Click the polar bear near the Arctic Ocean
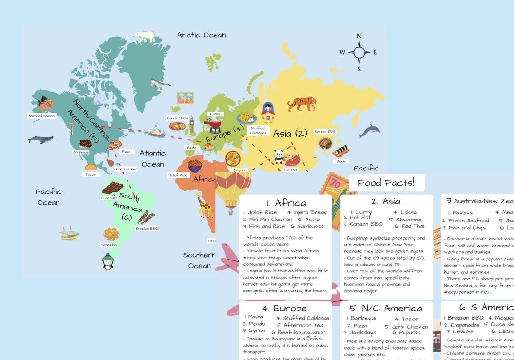tap(144, 37)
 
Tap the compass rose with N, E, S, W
tap(359, 52)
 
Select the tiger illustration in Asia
tap(302, 103)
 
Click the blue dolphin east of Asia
tap(369, 131)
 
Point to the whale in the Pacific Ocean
tap(40, 140)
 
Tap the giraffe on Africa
tap(204, 207)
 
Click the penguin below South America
tap(108, 261)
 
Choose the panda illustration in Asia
tap(278, 157)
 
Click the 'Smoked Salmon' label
tap(42, 116)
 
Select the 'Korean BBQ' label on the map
tap(325, 131)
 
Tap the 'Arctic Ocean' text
tap(201, 35)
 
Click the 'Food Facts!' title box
tap(386, 182)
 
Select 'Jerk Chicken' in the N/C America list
tap(409, 327)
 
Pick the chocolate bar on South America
tap(112, 188)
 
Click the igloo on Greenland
tap(100, 99)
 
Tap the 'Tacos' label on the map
tap(90, 174)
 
